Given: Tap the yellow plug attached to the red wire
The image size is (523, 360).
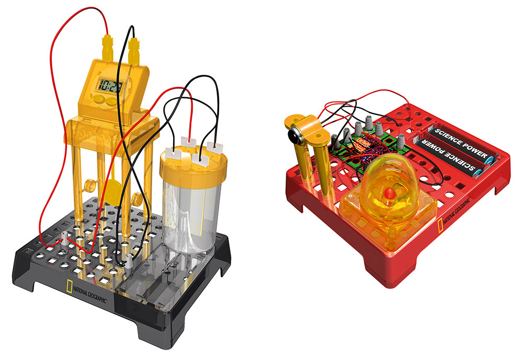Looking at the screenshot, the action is pos(108,48).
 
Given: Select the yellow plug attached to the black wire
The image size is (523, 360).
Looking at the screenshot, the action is pos(134,50).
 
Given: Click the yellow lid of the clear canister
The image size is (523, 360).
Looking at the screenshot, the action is pos(193,165).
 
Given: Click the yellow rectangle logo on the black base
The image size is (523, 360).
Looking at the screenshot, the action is pos(69,286).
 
